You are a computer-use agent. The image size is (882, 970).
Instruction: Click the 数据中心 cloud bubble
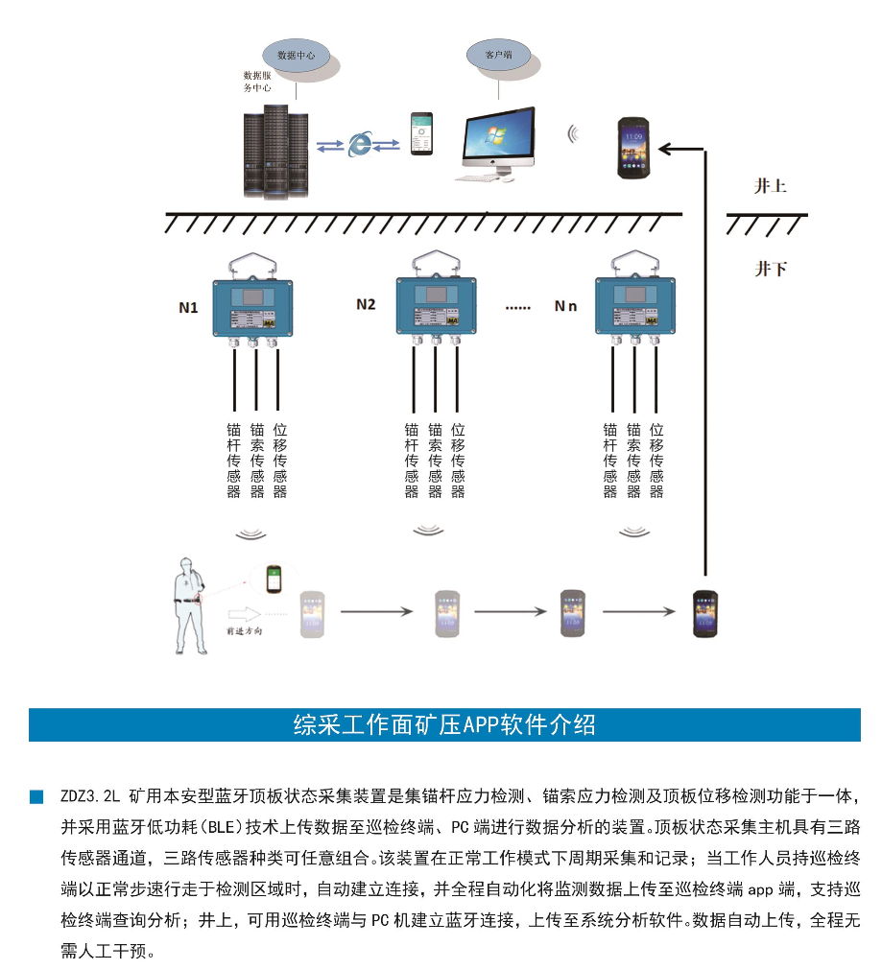297,56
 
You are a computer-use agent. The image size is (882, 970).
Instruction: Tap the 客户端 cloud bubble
499,56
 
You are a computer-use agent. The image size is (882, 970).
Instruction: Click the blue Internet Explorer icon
360,144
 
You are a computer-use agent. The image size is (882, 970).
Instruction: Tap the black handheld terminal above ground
634,147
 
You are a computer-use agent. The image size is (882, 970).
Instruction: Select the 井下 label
770,270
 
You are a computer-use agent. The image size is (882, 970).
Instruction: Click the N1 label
189,308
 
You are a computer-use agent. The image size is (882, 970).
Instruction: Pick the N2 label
366,305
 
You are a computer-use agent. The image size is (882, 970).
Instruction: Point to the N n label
566,306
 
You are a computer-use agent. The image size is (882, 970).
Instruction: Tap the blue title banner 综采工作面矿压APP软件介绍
444,724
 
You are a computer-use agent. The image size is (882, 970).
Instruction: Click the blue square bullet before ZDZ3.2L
36,796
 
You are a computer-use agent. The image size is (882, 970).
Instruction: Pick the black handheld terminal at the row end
705,614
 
